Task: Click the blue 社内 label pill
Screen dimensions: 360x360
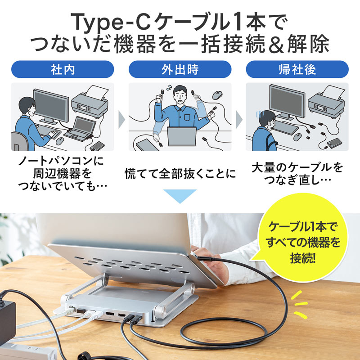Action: point(63,70)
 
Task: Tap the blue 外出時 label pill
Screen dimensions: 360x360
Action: point(180,70)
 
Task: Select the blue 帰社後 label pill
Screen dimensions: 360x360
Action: point(297,70)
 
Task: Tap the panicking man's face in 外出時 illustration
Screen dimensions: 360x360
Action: point(180,98)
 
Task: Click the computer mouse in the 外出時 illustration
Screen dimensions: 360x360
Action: point(217,95)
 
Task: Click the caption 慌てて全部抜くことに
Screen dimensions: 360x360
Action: point(180,173)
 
